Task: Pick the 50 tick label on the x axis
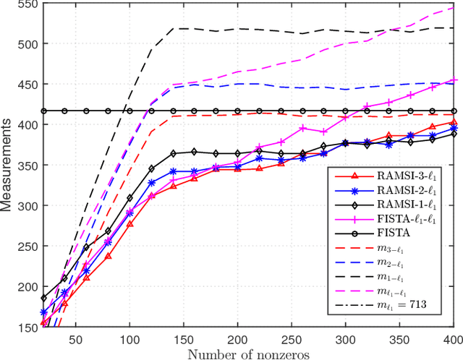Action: point(75,339)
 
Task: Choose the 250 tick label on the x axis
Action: point(292,339)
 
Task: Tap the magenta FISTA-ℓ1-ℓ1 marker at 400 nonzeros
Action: point(454,80)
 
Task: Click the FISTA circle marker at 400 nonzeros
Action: point(454,111)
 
